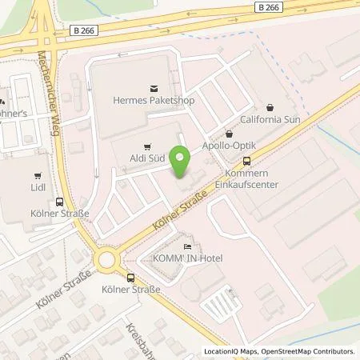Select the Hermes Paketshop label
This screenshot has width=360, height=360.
coord(148,102)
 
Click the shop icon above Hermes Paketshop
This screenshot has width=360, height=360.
coord(148,90)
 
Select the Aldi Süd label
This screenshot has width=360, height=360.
coord(147,160)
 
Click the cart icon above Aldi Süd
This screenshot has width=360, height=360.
coord(146,147)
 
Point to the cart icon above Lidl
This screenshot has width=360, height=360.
coord(38,175)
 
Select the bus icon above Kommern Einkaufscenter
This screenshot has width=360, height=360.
coord(246,159)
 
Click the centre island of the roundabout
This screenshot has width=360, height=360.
coord(106,260)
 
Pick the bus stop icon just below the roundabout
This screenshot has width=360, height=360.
coord(107,278)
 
